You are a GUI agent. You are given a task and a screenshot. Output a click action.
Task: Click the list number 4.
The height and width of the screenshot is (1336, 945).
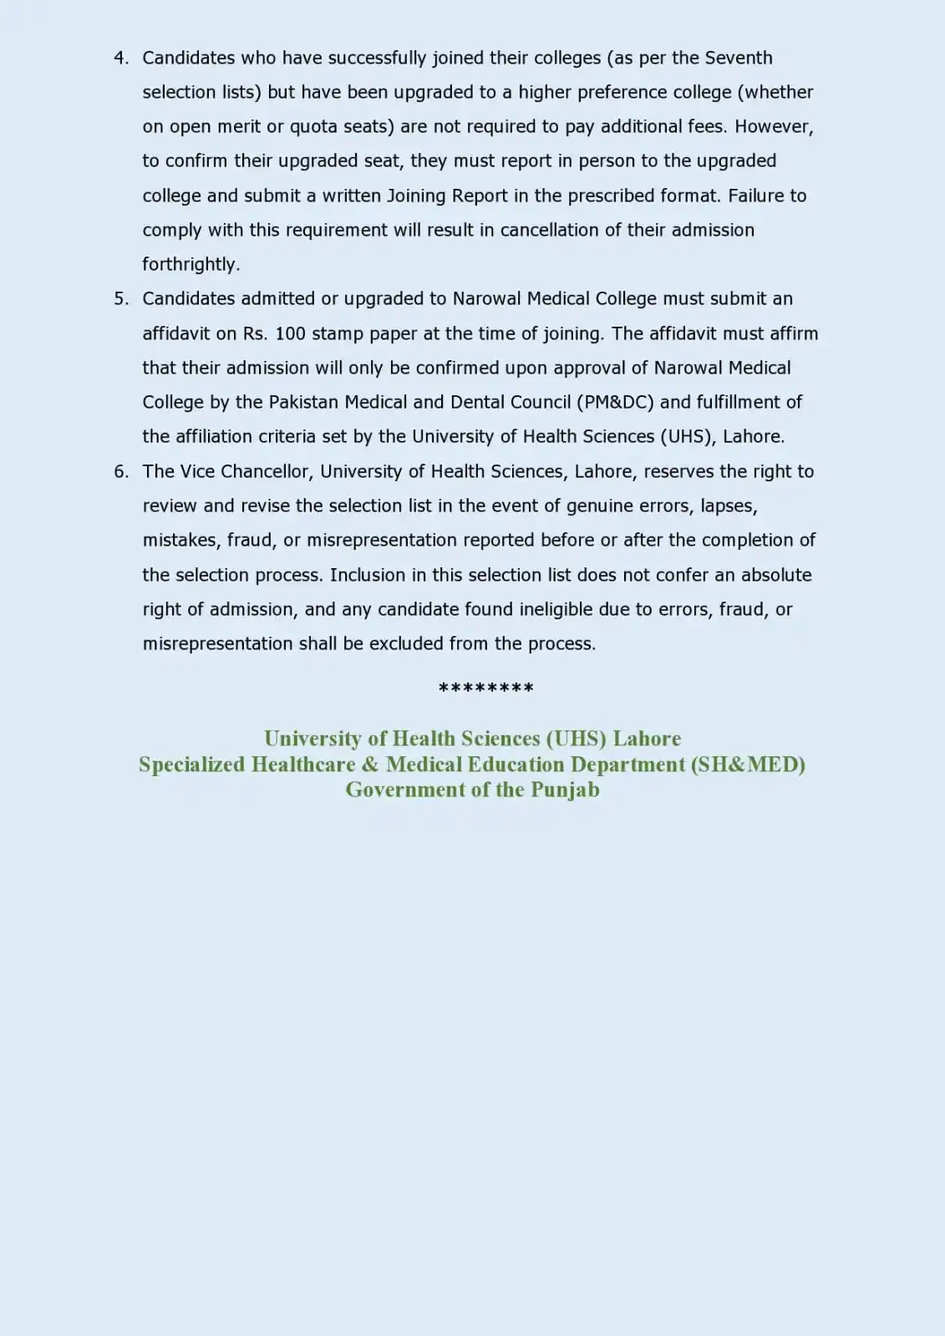[x=120, y=58]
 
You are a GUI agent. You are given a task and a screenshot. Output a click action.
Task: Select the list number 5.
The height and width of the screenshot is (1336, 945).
[x=120, y=299]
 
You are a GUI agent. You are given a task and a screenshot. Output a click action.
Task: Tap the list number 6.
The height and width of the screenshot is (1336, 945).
[x=120, y=471]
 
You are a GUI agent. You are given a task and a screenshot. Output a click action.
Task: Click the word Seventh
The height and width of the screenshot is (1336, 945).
[x=739, y=58]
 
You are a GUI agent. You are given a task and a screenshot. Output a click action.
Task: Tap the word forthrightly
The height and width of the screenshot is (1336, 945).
[x=191, y=265]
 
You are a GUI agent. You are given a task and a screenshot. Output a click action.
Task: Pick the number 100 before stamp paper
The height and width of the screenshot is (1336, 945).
[x=290, y=333]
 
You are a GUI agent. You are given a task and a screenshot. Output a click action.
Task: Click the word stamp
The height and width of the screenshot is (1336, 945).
[x=338, y=333]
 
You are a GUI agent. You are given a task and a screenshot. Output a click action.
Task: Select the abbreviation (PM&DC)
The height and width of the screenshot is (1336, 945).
[x=615, y=403]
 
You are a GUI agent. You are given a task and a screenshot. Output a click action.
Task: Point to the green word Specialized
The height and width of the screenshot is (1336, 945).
[x=191, y=765]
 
